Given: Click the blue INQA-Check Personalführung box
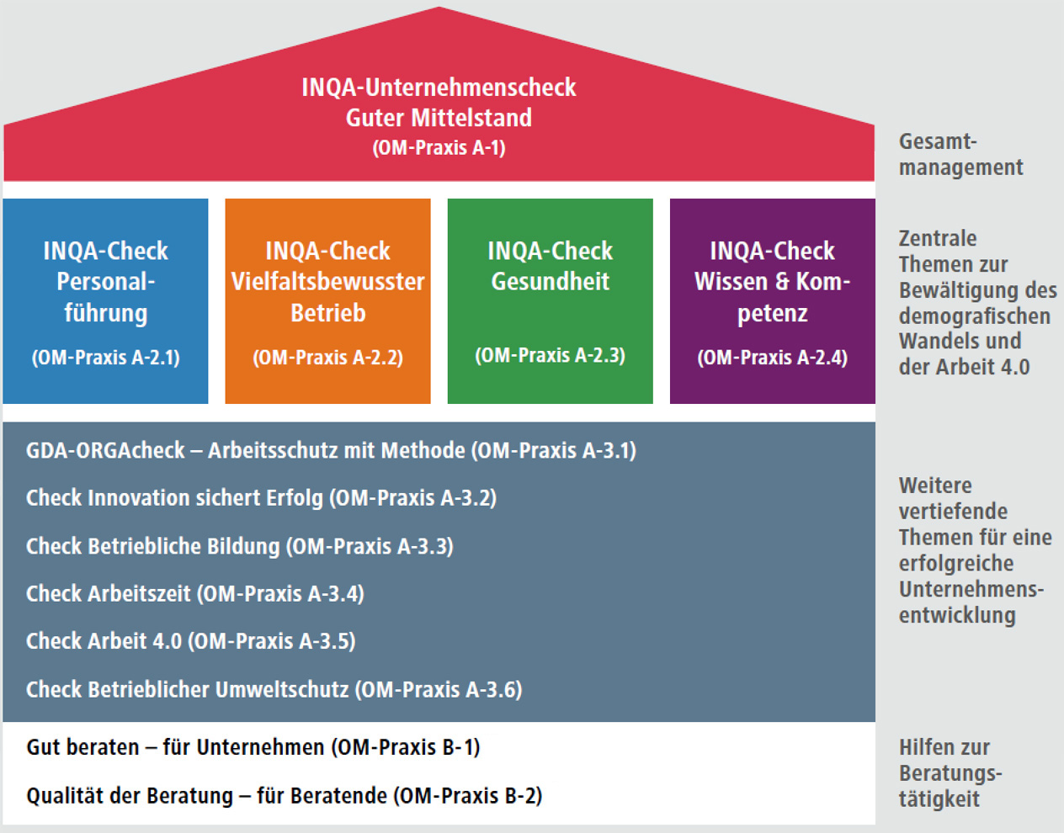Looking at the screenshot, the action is point(105,301).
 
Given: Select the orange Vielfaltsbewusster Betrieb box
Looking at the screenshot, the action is point(327,301).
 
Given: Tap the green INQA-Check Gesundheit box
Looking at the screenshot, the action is point(550,301).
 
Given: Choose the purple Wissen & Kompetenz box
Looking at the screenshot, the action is point(772,301).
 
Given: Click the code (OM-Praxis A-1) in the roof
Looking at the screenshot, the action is point(439,148).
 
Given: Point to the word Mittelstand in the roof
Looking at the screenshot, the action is point(471,118).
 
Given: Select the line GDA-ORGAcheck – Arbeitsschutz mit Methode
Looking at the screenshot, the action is point(331,451).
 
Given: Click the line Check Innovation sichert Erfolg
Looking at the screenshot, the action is point(262,498).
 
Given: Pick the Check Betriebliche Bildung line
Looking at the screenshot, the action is point(240,546).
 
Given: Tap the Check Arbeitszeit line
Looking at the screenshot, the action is point(195,594).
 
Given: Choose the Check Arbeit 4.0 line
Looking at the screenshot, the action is point(191,641).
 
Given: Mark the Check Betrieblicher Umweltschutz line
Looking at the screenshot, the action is point(274,690).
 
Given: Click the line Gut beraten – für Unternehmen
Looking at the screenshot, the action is point(253,747).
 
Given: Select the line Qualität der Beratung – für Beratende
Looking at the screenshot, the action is point(285,796).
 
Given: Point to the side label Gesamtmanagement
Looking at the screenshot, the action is point(960,155).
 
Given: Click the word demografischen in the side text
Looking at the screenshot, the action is point(975,316).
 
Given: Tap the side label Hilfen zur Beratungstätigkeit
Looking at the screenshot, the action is point(950,773).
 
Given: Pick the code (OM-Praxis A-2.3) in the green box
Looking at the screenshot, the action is point(550,356).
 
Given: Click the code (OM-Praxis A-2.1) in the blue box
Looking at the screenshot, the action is point(106,358).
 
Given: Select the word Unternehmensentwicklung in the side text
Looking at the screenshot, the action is point(971,602).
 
